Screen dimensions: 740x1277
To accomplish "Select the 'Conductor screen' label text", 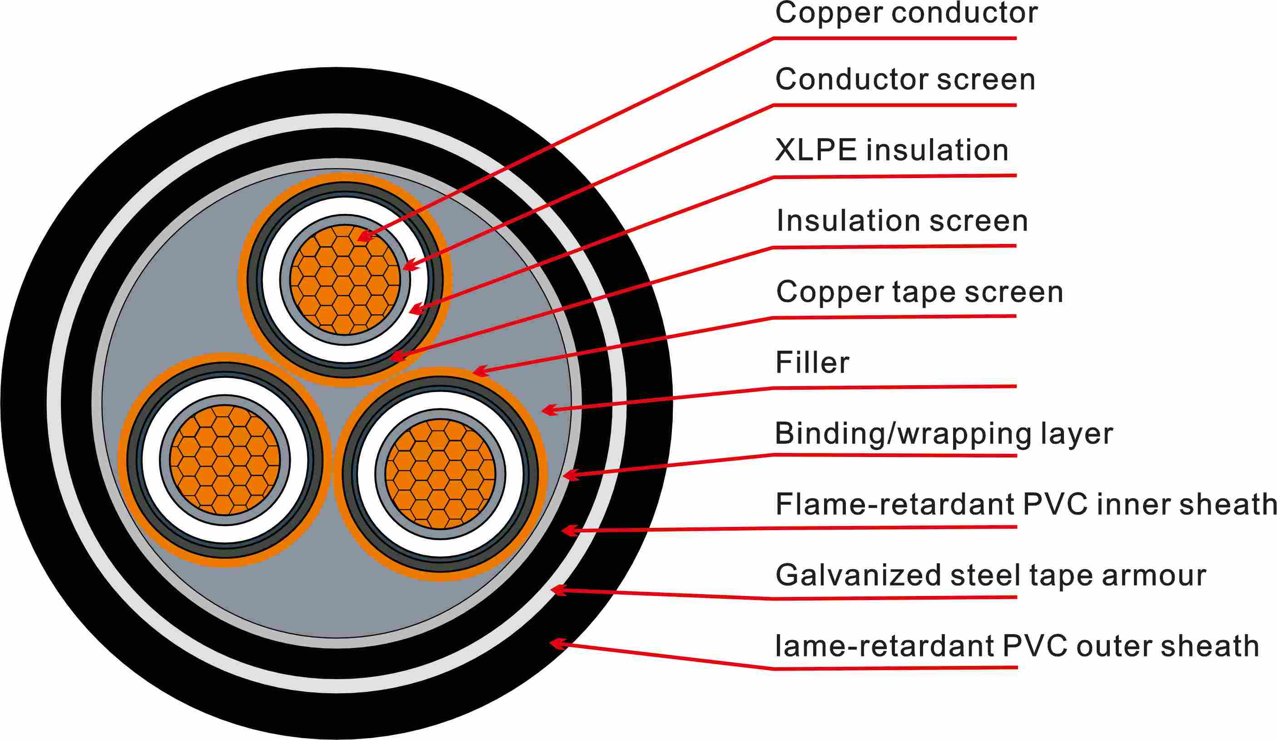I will pyautogui.click(x=905, y=79).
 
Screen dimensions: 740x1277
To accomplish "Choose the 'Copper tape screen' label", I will pyautogui.click(x=919, y=292).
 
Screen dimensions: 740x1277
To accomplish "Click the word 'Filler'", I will pyautogui.click(x=812, y=363).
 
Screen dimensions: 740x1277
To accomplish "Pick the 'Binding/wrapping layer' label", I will pyautogui.click(x=944, y=434).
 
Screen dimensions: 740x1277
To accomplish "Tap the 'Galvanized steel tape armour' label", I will pyautogui.click(x=991, y=575).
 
